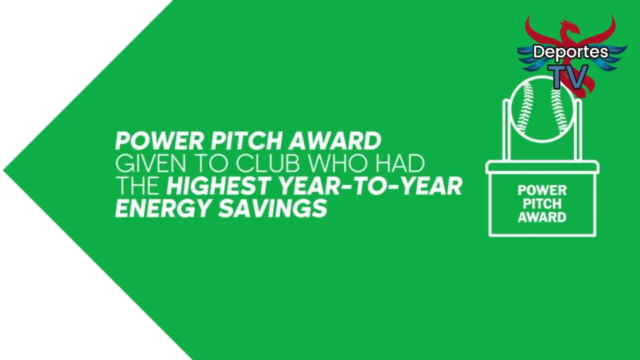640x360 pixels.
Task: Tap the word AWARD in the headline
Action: coord(334,141)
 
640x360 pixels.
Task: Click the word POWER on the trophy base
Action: coord(542,190)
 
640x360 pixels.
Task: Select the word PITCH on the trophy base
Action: coord(542,203)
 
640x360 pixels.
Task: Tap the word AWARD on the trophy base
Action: coord(542,217)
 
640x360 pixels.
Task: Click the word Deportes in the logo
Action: coord(570,52)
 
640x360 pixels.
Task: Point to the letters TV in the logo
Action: coord(570,76)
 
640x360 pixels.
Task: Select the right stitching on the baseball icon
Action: coord(559,111)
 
